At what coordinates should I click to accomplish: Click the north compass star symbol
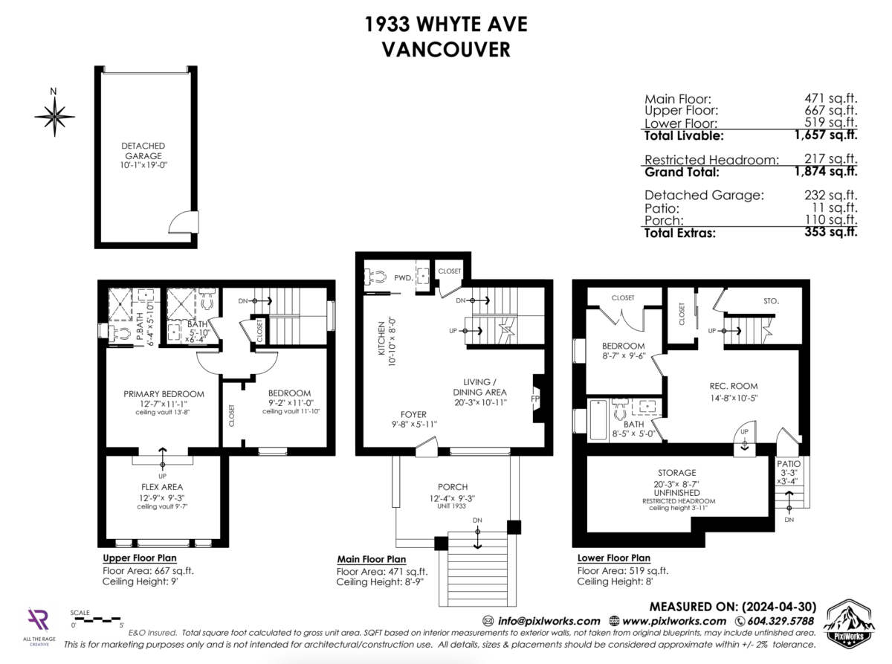54,117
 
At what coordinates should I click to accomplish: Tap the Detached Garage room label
143,150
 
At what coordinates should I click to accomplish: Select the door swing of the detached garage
184,222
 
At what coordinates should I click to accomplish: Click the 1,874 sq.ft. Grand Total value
826,171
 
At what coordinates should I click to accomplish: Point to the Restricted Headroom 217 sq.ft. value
830,158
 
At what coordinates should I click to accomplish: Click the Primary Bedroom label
164,394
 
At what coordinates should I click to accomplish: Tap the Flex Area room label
162,487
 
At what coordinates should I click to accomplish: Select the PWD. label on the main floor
403,277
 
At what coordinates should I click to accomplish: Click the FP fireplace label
534,399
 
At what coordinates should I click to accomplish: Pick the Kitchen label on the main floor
381,338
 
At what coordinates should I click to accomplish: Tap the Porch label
453,487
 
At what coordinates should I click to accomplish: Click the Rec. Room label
734,386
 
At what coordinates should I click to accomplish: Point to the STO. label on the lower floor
771,301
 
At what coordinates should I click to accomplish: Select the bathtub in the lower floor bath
598,420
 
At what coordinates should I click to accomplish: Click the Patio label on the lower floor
789,463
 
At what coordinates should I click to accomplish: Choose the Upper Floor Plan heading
140,558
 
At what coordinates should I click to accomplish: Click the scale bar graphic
97,619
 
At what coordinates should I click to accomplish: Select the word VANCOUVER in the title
445,50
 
